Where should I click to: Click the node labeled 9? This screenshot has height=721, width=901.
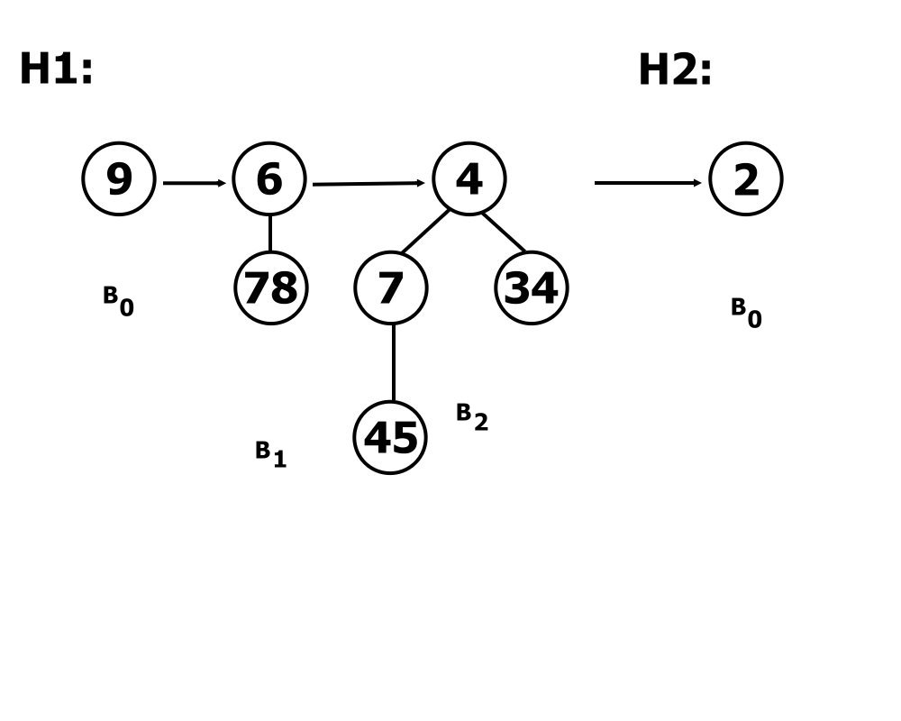click(119, 178)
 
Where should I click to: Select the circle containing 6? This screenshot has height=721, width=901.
click(269, 178)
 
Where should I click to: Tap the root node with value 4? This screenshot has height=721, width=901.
click(469, 178)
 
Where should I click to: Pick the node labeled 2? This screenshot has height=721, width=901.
click(746, 178)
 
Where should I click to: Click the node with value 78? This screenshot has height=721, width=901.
click(270, 287)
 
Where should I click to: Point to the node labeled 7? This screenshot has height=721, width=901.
click(391, 287)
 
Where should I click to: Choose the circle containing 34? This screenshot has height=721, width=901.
click(532, 287)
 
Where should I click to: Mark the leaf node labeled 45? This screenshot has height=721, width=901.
click(390, 437)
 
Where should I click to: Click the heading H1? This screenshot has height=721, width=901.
click(56, 68)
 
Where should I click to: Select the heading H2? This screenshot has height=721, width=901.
click(675, 69)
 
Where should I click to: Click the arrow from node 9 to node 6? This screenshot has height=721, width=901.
click(195, 183)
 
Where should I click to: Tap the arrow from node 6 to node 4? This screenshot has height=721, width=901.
click(369, 184)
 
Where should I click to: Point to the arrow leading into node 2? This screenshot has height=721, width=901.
click(648, 183)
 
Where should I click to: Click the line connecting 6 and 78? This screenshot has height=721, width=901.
click(270, 233)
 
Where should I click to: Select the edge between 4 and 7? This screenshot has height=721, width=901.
click(424, 231)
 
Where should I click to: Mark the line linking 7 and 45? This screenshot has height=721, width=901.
click(393, 362)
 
